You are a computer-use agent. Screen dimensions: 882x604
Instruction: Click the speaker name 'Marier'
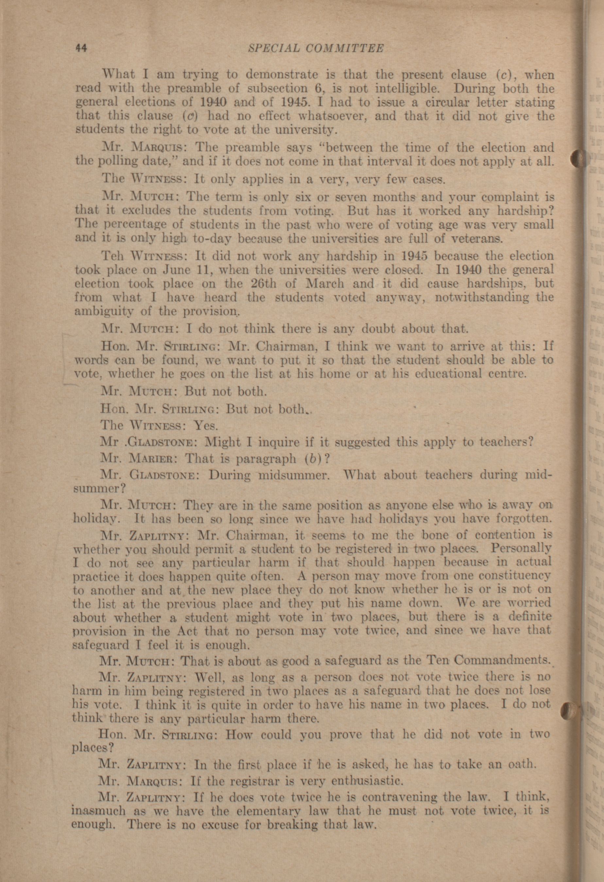pyautogui.click(x=152, y=459)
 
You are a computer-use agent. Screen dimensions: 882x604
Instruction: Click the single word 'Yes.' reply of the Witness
pyautogui.click(x=206, y=426)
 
